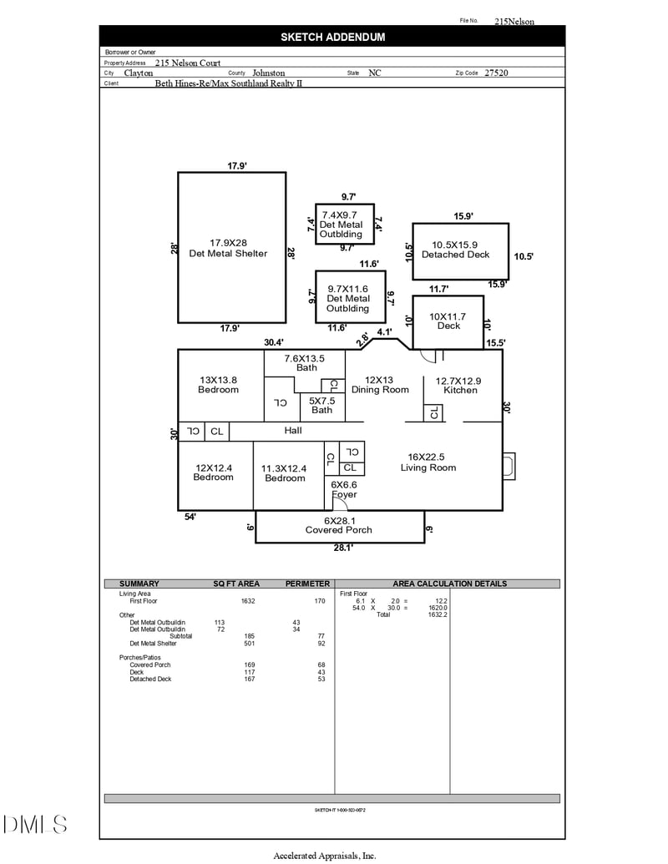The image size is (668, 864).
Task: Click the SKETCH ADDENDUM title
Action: coord(332,37)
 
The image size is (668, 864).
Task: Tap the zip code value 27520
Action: coord(496,73)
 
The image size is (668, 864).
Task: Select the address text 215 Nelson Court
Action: coord(188,63)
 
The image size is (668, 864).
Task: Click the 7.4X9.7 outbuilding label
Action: coord(342,225)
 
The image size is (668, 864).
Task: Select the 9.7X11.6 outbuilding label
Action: coord(348,298)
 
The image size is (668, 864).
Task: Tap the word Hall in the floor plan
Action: coord(293,431)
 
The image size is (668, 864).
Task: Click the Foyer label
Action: coord(343,494)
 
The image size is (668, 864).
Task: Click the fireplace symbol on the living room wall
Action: coord(509,466)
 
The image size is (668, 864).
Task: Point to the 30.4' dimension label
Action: coord(274,342)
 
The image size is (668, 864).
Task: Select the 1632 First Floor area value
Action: coord(248,601)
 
